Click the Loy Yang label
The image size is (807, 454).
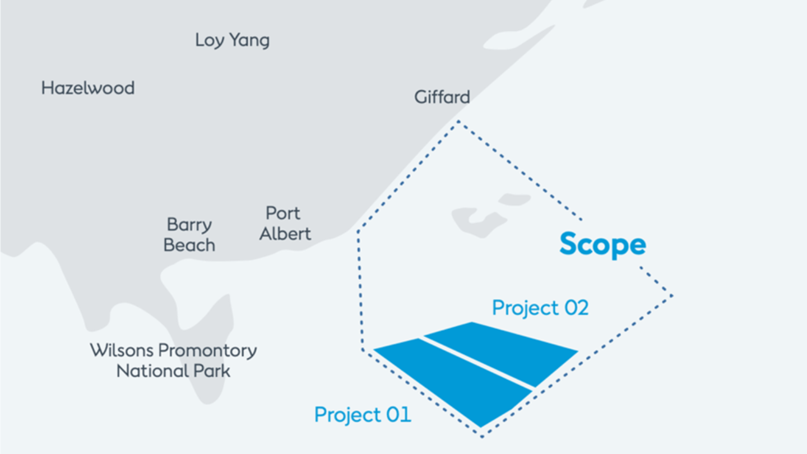[232, 40]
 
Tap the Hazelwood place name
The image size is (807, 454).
[88, 88]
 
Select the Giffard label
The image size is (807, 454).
[442, 97]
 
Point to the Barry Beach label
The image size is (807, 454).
[189, 235]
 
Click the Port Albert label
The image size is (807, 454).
[285, 223]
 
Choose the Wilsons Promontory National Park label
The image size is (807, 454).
[173, 360]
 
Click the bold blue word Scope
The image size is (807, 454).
[602, 244]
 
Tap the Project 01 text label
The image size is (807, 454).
[363, 415]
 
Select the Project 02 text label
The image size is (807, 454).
[540, 308]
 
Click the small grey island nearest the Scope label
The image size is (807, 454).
[514, 199]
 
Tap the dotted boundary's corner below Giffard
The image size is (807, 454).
[458, 121]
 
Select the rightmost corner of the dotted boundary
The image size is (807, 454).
[671, 295]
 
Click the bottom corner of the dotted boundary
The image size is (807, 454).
[481, 436]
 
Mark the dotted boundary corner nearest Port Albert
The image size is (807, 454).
[359, 230]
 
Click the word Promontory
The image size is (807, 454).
[207, 351]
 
